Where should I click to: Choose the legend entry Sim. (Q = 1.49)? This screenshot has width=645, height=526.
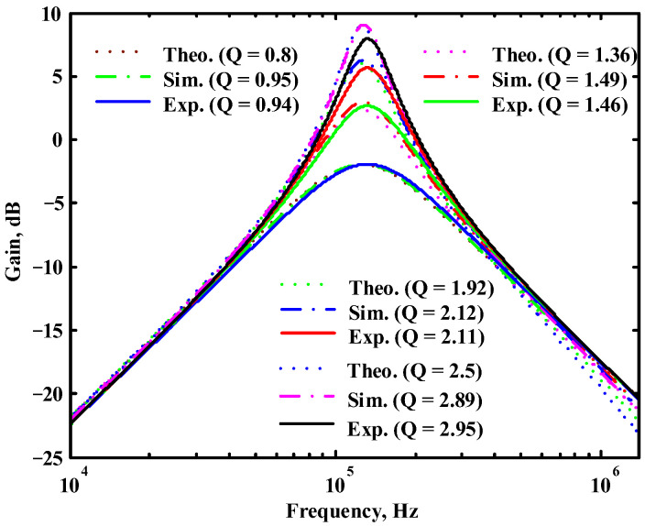pyautogui.click(x=559, y=78)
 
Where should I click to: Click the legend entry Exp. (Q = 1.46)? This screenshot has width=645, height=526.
pyautogui.click(x=559, y=104)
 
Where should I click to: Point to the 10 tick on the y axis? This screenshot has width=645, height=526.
pyautogui.click(x=47, y=15)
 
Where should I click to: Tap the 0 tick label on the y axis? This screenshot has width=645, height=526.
pyautogui.click(x=51, y=140)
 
